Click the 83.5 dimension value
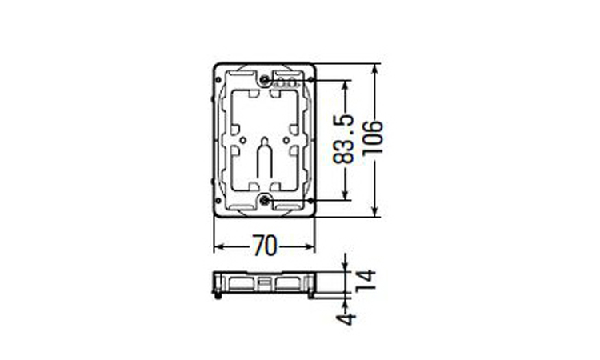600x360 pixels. [342, 139]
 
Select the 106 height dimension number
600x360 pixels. [372, 138]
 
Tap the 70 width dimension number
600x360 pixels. [264, 246]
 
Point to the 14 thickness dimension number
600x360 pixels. [366, 281]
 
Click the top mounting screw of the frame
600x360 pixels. [264, 80]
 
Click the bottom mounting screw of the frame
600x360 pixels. [264, 199]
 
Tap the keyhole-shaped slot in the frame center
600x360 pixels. [264, 158]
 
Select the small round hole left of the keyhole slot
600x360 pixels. [242, 141]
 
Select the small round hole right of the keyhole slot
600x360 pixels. [286, 141]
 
